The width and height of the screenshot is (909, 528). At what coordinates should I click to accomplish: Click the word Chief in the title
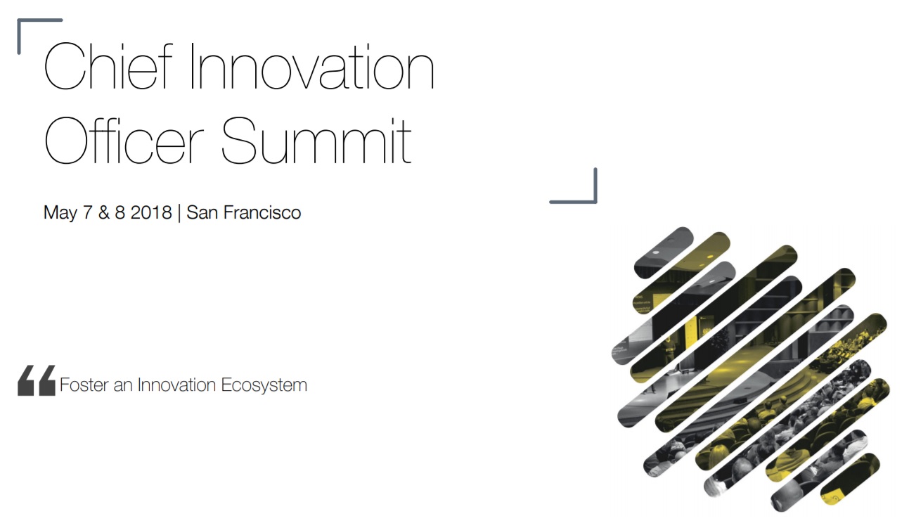(108, 66)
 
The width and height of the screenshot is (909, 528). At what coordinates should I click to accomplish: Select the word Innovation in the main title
(312, 66)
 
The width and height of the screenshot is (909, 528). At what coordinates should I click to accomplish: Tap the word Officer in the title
(124, 141)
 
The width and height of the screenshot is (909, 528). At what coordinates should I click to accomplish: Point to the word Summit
(316, 141)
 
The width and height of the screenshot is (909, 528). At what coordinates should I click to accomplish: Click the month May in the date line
(60, 213)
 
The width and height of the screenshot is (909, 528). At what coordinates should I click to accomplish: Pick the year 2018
(151, 212)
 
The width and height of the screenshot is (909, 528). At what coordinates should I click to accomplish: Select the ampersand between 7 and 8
(104, 212)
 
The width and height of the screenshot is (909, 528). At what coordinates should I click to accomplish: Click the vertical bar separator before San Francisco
(179, 213)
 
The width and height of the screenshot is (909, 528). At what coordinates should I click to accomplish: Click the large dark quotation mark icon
(37, 380)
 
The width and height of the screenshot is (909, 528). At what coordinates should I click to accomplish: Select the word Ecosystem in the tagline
(264, 385)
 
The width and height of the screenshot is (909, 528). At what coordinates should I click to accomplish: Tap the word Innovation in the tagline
(176, 385)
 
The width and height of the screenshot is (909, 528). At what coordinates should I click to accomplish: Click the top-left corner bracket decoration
(20, 20)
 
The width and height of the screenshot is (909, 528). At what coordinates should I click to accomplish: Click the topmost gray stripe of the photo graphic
(664, 252)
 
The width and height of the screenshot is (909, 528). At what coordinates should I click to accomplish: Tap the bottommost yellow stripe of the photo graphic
(850, 479)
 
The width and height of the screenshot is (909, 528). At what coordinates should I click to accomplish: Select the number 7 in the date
(87, 212)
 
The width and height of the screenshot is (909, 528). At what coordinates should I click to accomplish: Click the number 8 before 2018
(120, 212)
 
